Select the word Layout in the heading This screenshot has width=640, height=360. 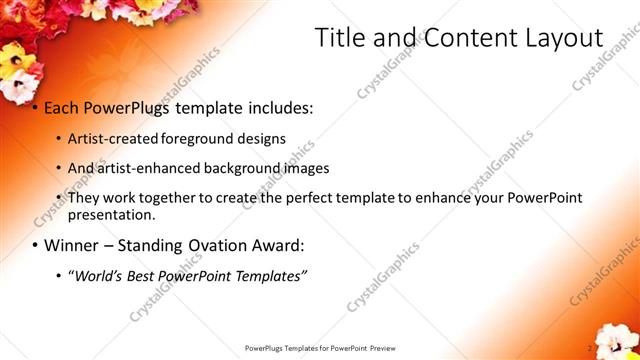pos(562,38)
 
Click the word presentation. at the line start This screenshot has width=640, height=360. pos(111,215)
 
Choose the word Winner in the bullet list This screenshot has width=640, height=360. pos(71,245)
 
